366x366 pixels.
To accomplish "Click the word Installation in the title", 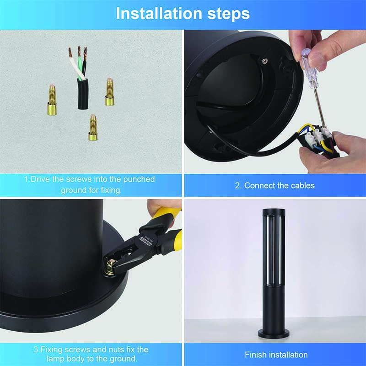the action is click(x=159, y=13).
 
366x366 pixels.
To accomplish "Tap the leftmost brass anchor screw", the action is click(x=52, y=100).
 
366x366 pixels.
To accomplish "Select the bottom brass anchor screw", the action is click(x=93, y=128).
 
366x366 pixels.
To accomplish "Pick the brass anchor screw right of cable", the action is click(x=109, y=92).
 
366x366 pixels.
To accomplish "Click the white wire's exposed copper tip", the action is click(x=70, y=52).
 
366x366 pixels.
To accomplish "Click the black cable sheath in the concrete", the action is click(x=83, y=94).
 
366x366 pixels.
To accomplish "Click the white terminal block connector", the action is click(x=318, y=135).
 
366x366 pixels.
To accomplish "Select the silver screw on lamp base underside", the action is click(x=264, y=61).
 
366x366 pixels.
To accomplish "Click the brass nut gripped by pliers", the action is click(x=110, y=268).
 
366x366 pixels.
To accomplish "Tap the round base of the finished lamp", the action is click(x=274, y=334).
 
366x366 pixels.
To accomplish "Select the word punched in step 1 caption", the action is click(x=139, y=179).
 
